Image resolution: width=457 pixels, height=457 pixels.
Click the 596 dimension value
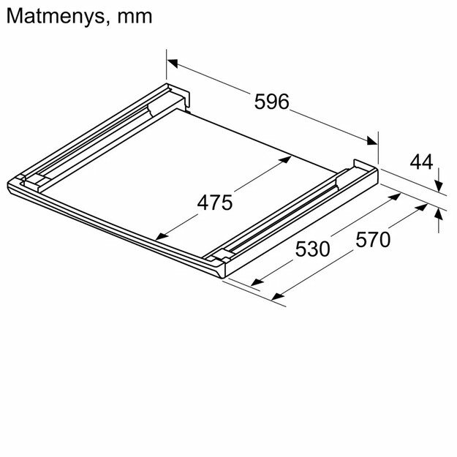click(x=272, y=102)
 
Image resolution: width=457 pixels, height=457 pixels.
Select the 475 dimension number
click(x=215, y=202)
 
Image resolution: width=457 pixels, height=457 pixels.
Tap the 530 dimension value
click(x=313, y=249)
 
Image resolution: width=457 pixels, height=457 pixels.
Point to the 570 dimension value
click(x=373, y=239)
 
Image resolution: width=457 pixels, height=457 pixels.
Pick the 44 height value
click(x=422, y=162)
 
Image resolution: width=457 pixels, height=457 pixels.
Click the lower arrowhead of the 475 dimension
click(x=161, y=235)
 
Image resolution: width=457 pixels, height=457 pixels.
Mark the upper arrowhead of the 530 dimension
click(x=395, y=196)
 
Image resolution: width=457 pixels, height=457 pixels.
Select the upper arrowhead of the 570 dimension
click(x=423, y=207)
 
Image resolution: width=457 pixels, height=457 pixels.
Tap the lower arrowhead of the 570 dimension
click(x=276, y=296)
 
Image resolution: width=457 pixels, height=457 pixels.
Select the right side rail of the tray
click(x=292, y=212)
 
